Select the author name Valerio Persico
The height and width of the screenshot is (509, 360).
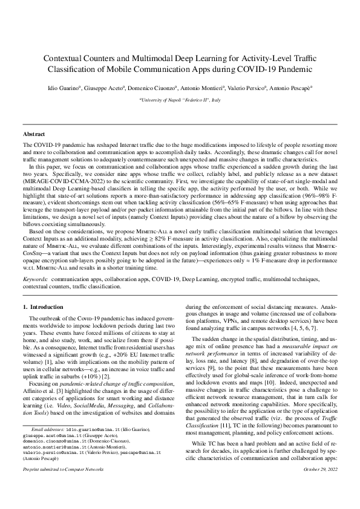click(x=243, y=88)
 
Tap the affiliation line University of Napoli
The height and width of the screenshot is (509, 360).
click(x=180, y=99)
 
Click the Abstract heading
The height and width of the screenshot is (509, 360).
click(x=34, y=134)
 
